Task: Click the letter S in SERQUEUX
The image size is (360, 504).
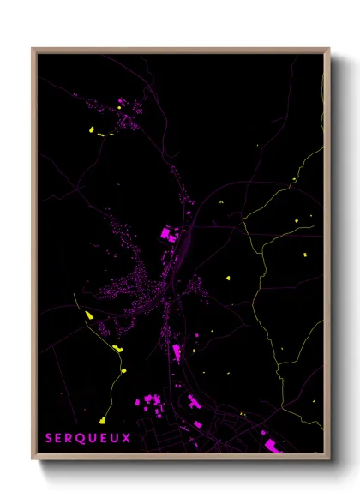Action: click(x=50, y=438)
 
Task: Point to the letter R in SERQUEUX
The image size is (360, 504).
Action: click(x=70, y=438)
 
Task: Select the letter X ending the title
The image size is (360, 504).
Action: click(x=127, y=438)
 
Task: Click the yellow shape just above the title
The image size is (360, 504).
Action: click(x=102, y=421)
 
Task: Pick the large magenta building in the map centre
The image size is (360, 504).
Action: click(x=166, y=232)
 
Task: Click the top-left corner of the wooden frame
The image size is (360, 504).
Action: click(x=33, y=49)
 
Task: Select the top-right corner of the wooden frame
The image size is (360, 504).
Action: click(x=329, y=49)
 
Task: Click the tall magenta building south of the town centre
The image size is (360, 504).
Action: click(x=177, y=352)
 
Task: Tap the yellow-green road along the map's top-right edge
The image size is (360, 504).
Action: click(x=322, y=86)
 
